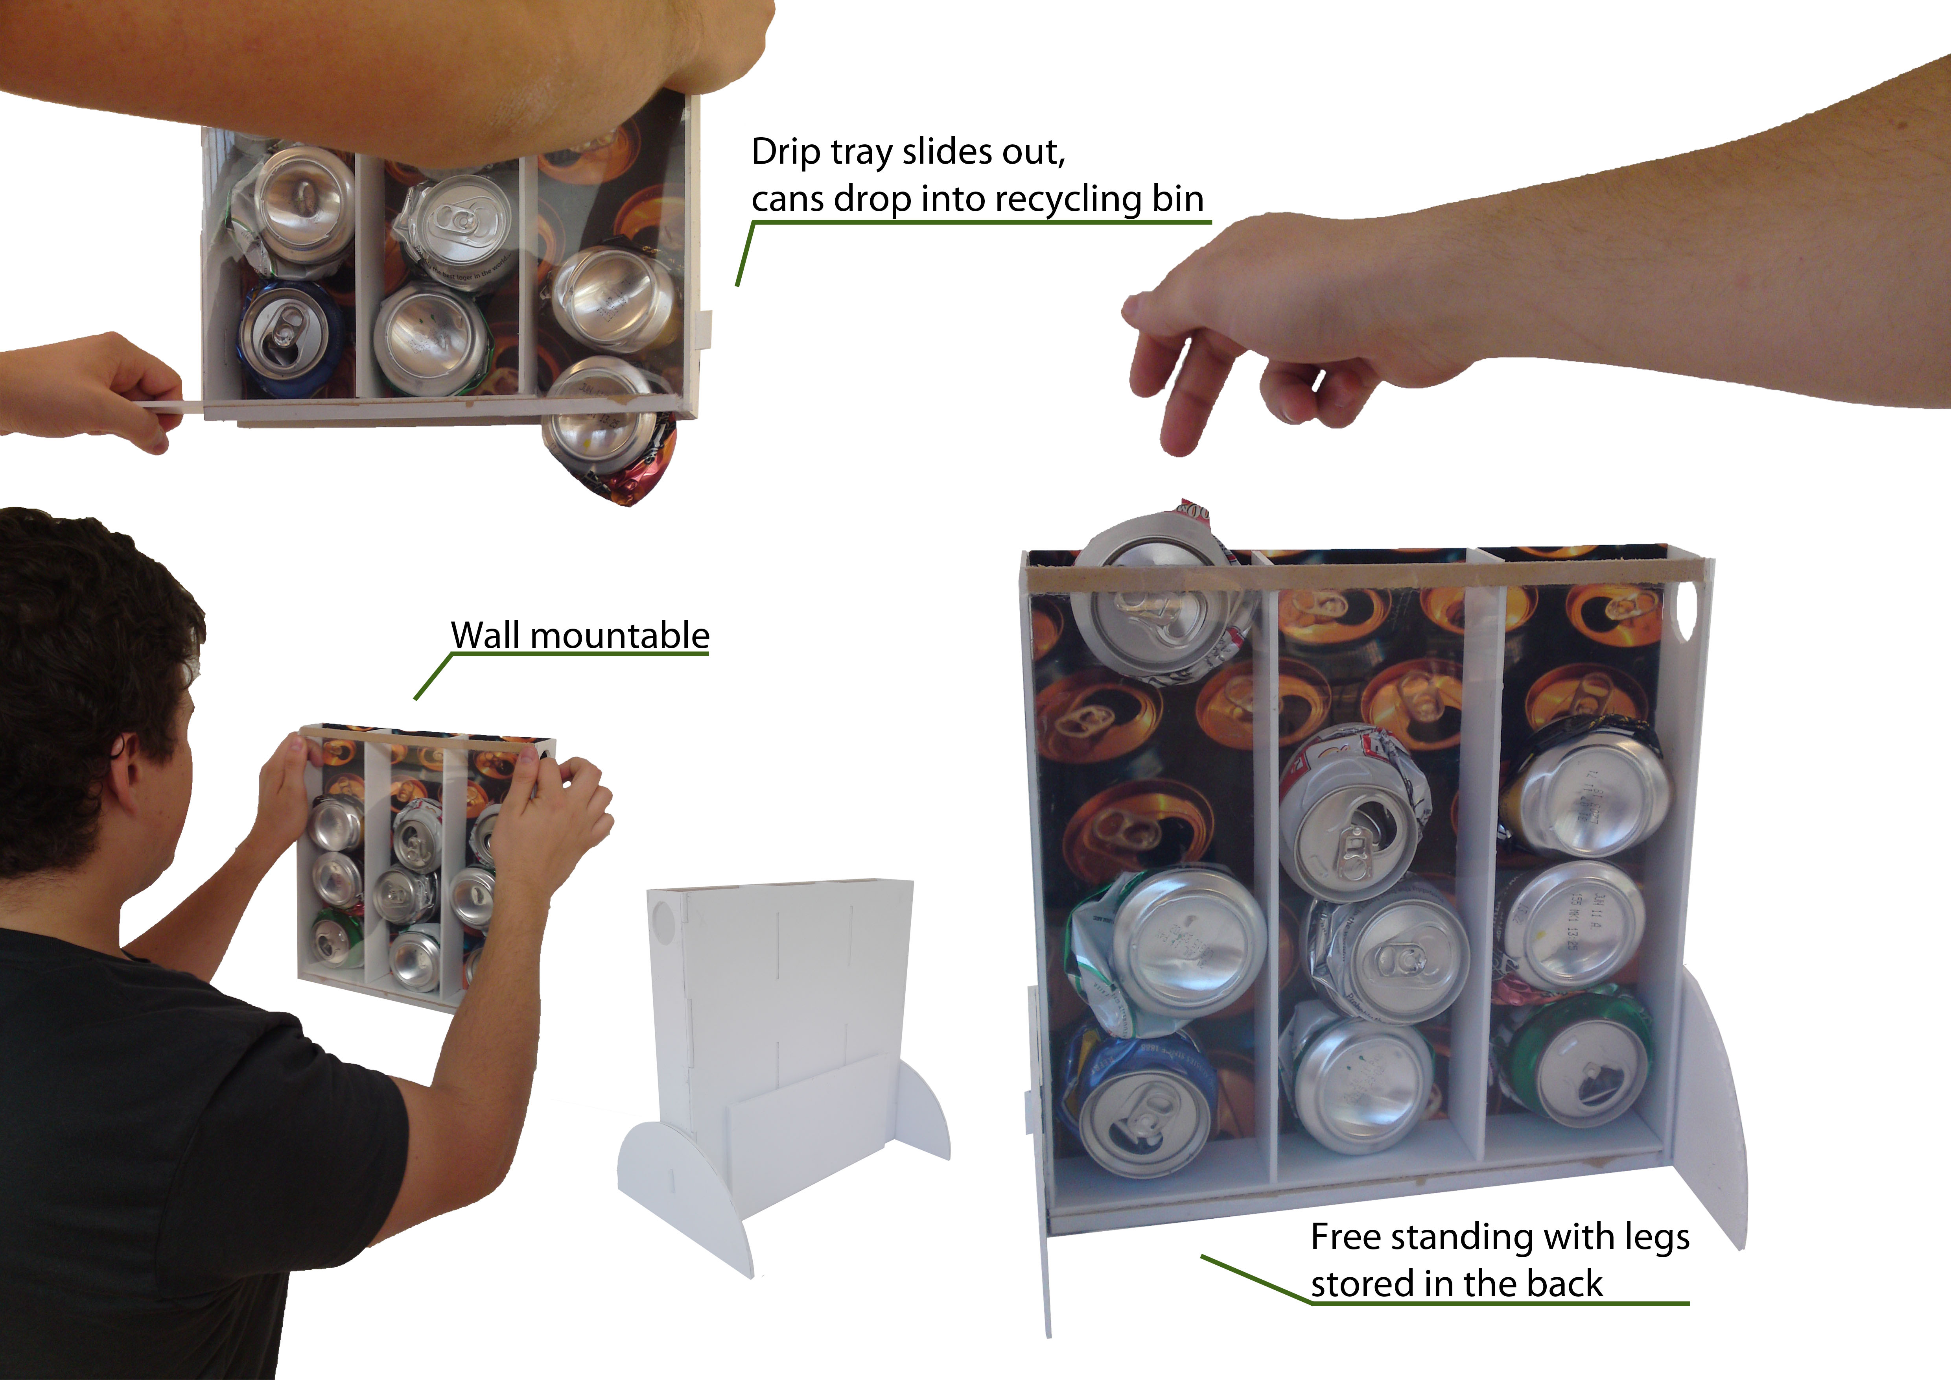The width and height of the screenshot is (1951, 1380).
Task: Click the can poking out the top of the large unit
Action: coord(1156,595)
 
